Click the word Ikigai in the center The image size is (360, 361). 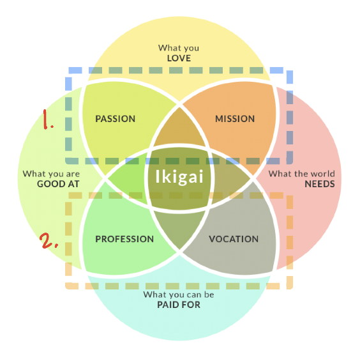[179, 176]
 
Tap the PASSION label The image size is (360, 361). [115, 119]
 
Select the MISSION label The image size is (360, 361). [235, 119]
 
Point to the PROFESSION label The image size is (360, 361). [124, 239]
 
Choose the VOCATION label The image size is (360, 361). [234, 239]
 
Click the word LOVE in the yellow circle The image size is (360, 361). [179, 58]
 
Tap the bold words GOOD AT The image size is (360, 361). [57, 184]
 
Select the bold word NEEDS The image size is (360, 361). [319, 184]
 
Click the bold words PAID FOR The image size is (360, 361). [179, 305]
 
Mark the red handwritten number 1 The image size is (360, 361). [49, 119]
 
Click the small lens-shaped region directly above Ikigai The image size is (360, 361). [179, 131]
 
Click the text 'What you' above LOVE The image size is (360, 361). [179, 48]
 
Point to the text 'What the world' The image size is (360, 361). [301, 174]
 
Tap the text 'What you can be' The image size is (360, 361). [179, 295]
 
